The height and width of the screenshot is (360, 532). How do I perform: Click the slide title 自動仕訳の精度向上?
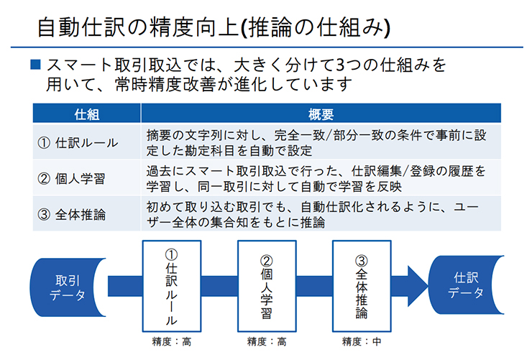(x=138, y=27)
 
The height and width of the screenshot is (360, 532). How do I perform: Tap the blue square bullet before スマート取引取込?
(x=36, y=65)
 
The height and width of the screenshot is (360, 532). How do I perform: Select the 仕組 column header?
(x=86, y=114)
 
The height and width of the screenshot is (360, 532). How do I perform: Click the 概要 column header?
(x=321, y=114)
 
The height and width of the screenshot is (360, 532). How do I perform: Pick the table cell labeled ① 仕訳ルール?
(x=86, y=142)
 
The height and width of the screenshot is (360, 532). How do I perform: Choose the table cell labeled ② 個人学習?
(x=86, y=178)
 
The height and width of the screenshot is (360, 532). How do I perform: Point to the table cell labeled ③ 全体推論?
(x=86, y=214)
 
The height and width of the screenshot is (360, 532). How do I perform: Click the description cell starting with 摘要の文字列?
(x=321, y=142)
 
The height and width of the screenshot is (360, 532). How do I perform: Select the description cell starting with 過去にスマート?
(x=321, y=178)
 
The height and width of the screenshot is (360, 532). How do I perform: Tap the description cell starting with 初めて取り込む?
(x=321, y=214)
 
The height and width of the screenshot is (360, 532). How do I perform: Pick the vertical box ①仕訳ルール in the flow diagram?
(x=172, y=286)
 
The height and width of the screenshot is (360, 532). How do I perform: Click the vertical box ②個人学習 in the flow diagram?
(x=267, y=286)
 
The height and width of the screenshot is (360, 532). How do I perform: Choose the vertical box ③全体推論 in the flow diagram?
(x=362, y=286)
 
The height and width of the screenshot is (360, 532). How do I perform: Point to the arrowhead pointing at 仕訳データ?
(x=417, y=286)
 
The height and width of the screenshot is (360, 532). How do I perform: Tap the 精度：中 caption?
(x=362, y=341)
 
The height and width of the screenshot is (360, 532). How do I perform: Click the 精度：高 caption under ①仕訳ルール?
(x=172, y=341)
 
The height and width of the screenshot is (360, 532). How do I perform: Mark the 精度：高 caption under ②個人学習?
(x=267, y=341)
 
